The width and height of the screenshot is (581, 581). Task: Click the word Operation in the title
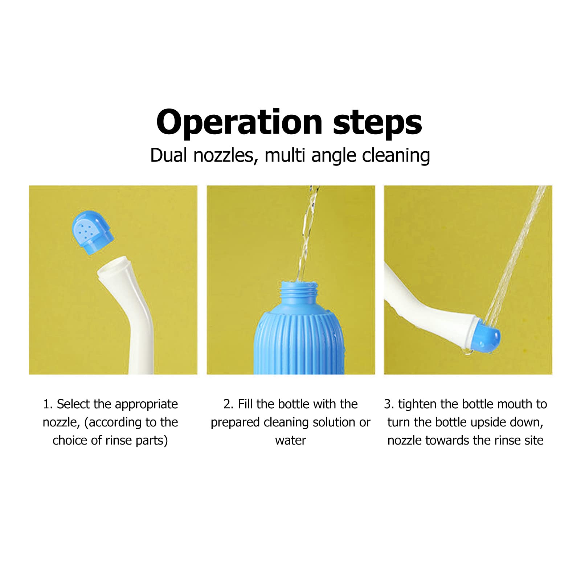pyautogui.click(x=239, y=123)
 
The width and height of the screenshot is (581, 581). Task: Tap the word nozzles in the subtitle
pyautogui.click(x=223, y=155)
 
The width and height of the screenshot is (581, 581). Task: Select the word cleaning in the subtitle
pyautogui.click(x=396, y=155)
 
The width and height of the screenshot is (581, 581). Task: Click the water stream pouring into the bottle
pyautogui.click(x=307, y=232)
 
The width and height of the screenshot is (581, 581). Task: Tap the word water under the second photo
pyautogui.click(x=290, y=441)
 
